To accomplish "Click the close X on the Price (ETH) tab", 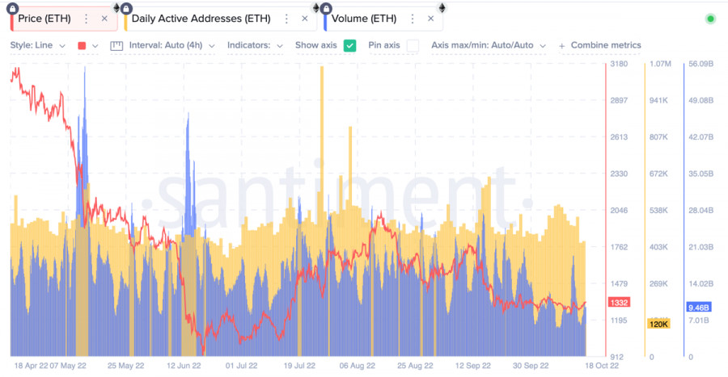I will tap(104, 19).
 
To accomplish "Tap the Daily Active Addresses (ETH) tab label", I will tap(201, 19).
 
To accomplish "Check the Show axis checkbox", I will tap(349, 46).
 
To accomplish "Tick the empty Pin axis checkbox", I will tap(413, 46).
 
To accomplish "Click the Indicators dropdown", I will tap(254, 46).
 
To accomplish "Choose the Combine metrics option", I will tap(600, 46).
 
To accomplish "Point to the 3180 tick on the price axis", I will tap(619, 64).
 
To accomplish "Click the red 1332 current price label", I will tap(620, 303).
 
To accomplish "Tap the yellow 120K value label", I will tap(658, 325).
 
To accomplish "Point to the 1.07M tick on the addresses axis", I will tap(660, 64).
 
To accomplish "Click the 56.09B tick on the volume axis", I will tap(700, 64).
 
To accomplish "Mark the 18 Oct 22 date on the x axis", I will tap(603, 366).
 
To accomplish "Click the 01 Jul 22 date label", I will tap(240, 366).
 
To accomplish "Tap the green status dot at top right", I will tap(710, 19).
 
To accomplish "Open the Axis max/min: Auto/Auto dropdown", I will tap(489, 46).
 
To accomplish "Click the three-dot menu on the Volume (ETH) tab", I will tap(413, 19).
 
